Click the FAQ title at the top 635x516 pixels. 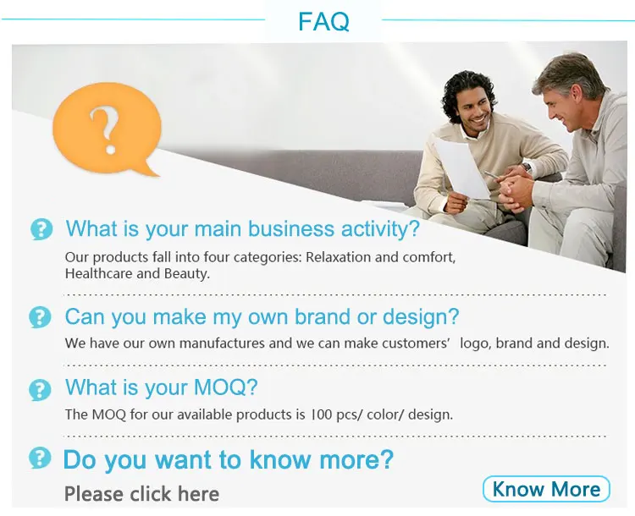pos(323,21)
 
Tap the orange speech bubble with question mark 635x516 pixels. pos(107,129)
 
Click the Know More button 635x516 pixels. pos(546,489)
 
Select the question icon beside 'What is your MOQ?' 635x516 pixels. pos(40,390)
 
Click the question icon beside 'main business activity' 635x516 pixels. pos(41,229)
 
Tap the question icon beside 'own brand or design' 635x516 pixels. pos(40,317)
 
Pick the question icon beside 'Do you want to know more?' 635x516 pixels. pos(40,458)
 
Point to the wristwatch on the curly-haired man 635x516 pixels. pos(527,167)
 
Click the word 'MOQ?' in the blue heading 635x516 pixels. pos(225,387)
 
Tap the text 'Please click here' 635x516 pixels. pos(141,494)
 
